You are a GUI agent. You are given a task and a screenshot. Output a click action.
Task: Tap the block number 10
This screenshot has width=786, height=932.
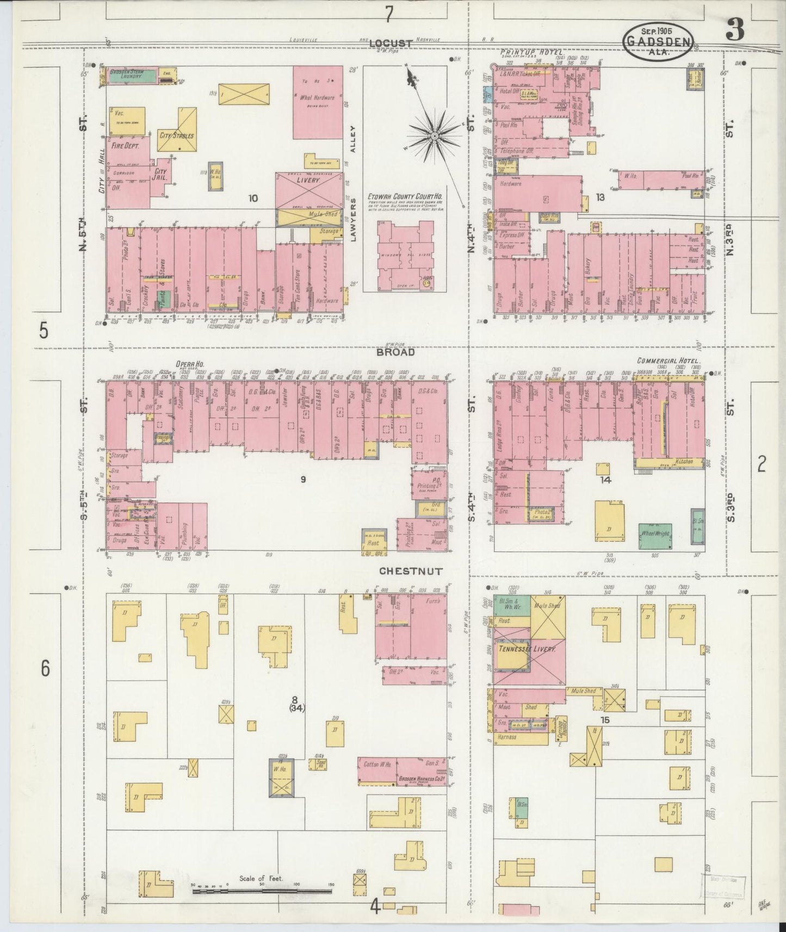[253, 198]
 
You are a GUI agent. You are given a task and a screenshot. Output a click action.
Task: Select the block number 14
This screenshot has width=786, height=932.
[606, 480]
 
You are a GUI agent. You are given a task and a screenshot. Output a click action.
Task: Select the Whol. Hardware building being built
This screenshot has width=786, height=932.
[318, 102]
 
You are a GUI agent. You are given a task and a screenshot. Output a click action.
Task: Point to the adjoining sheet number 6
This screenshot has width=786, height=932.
[46, 668]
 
